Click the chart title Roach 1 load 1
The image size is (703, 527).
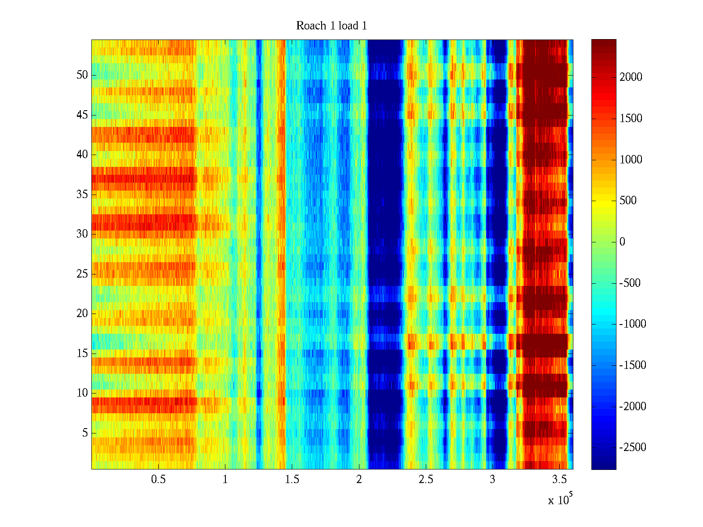point(331,26)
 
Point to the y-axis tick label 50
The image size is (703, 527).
point(82,75)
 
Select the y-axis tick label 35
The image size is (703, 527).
point(82,195)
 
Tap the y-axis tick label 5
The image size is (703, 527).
point(85,433)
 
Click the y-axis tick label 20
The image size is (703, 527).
point(82,314)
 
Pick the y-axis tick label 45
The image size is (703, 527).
point(82,115)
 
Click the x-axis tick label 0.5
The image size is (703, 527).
point(158,480)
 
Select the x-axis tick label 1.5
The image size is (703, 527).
point(292,480)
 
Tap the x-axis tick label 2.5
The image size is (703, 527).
point(426,480)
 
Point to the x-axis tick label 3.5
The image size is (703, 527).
point(559,480)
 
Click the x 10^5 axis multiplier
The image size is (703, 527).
point(560,500)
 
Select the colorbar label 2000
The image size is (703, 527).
point(631,77)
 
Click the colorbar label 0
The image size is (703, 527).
point(622,242)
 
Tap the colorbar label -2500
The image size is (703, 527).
point(633,448)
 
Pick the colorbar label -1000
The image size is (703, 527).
point(633,324)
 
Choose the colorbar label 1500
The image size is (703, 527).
point(631,119)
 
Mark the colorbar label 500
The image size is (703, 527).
point(628,201)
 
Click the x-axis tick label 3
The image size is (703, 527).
point(493,480)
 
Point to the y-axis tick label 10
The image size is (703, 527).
point(82,393)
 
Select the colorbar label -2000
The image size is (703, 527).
point(633,407)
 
